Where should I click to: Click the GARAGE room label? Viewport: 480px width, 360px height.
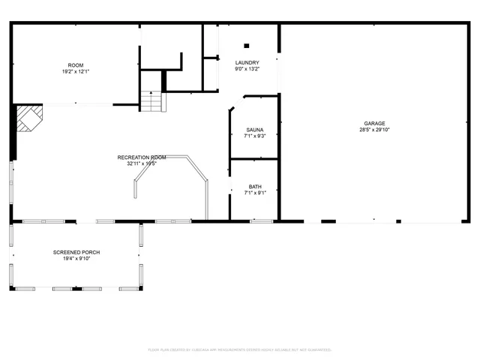coord(375,123)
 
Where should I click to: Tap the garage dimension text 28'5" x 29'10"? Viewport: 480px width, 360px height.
coord(375,130)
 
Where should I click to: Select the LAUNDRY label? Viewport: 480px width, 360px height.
coord(247,62)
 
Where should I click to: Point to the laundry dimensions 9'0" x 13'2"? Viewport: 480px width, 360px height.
coord(247,69)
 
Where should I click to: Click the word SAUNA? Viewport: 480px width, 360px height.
coord(254,130)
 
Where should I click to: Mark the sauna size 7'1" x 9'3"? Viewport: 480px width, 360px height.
coord(254,136)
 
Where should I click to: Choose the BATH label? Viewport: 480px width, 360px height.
coord(255,187)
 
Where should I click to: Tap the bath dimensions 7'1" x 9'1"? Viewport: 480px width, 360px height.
coord(255,193)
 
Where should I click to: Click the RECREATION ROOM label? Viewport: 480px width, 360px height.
coord(142,157)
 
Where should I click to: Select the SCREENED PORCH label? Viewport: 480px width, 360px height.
coord(76,252)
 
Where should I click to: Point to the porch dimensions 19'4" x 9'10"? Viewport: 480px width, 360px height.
coord(76,259)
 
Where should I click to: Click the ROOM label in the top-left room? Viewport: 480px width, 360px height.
coord(76,65)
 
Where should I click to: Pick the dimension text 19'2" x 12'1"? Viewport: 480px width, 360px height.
coord(76,72)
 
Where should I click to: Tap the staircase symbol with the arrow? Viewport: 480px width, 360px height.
coord(152,100)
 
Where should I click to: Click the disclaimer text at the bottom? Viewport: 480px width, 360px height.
coord(240,349)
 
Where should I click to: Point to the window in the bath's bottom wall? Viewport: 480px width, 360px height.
coord(261,221)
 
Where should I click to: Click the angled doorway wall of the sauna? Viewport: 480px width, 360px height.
coord(235,103)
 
